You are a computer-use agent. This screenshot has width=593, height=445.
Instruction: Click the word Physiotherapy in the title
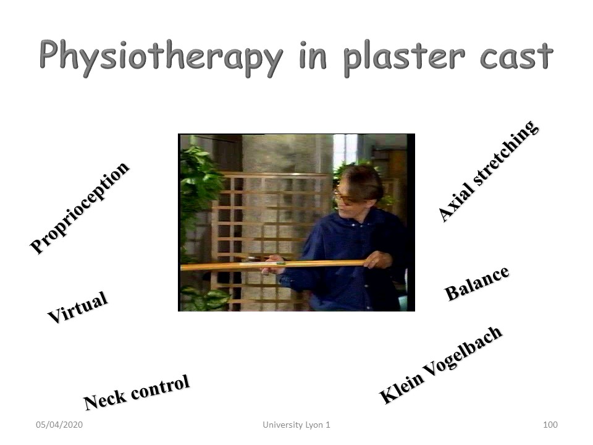click(x=161, y=58)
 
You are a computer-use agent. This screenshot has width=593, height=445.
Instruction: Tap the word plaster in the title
click(x=404, y=58)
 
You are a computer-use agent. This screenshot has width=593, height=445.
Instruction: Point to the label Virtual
click(x=78, y=307)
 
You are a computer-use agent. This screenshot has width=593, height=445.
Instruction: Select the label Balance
click(x=477, y=283)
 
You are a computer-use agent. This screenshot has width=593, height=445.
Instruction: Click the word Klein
click(x=402, y=388)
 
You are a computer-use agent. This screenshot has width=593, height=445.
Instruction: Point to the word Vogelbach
click(x=463, y=352)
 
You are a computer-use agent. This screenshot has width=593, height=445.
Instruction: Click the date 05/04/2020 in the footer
click(x=59, y=425)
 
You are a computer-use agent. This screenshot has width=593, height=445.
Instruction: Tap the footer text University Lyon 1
click(x=296, y=425)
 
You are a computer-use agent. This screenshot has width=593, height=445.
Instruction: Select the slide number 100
click(x=550, y=425)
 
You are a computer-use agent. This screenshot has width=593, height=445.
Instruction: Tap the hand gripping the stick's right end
click(x=377, y=260)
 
